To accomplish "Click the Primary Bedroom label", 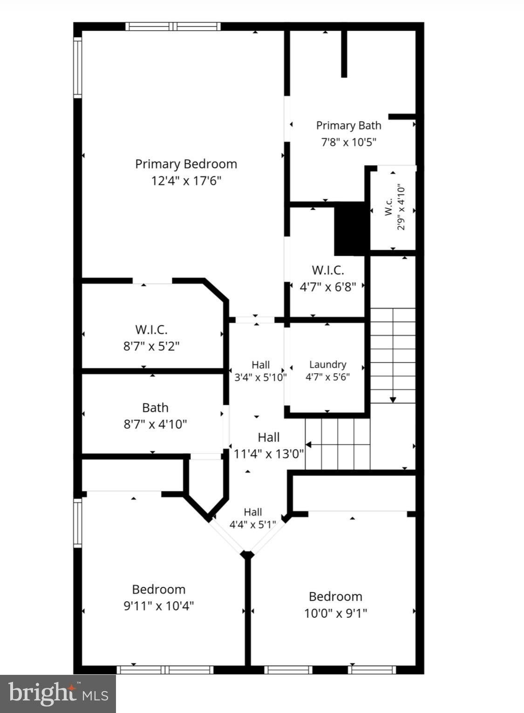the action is tap(186, 164).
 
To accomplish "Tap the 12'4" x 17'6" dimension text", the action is tap(186, 181).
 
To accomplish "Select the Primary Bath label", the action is tap(348, 126).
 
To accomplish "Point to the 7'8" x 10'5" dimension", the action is tap(348, 141).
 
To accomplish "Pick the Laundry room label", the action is tap(328, 364).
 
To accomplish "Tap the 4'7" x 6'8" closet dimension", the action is tap(328, 287).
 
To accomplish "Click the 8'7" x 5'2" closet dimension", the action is tap(152, 346).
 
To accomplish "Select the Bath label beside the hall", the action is tap(155, 408).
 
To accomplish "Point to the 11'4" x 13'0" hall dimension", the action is tap(269, 454).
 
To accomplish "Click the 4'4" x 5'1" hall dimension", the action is tap(252, 524).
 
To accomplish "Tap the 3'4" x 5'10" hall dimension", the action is tap(260, 377).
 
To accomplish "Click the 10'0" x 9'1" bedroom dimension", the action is tap(336, 613).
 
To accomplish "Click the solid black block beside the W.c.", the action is tap(350, 229).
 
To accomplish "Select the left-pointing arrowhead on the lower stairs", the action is tap(308, 444).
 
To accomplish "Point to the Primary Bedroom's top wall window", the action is tap(173, 27).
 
